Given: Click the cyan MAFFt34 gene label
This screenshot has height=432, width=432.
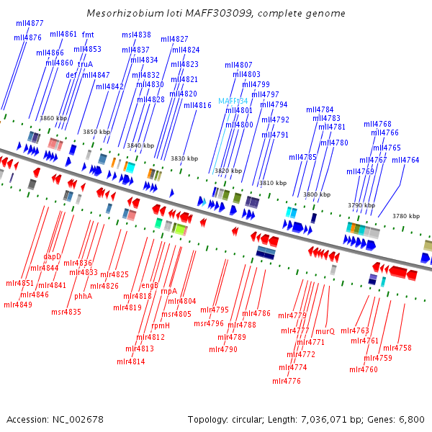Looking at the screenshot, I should (233, 101).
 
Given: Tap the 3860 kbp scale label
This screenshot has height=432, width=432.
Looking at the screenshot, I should (53, 118).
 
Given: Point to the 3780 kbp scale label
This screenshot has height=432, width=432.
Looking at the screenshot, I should (406, 216).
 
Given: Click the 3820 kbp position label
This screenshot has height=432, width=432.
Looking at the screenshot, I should (228, 171).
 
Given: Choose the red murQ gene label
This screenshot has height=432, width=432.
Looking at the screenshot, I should (325, 331).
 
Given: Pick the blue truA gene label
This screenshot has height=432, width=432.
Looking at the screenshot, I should (85, 64).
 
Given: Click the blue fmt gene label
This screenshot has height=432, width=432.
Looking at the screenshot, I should (88, 35).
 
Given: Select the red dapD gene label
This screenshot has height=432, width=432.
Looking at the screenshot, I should (53, 256).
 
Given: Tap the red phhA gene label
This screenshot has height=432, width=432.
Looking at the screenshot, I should (83, 296).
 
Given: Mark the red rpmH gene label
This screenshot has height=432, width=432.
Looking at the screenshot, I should (161, 325).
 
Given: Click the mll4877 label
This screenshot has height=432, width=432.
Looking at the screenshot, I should (30, 24).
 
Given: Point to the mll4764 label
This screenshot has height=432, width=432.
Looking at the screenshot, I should (405, 160).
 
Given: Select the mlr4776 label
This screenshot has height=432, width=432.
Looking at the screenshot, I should (287, 381).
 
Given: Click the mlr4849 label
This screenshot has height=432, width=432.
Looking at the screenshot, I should (18, 305).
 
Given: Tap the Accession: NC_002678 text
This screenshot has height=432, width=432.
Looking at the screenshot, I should (55, 419).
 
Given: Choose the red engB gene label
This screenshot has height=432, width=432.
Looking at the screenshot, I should (150, 285).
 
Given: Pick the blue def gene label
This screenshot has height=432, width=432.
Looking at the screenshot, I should (71, 75).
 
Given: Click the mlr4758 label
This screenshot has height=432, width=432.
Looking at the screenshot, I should (397, 348).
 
